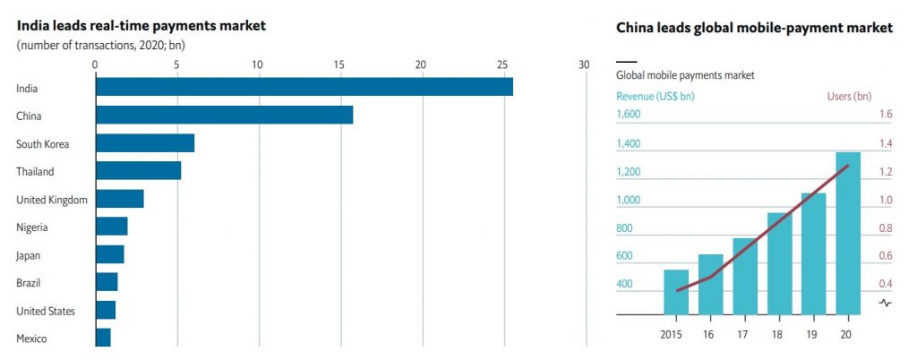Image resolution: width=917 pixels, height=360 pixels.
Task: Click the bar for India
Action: pos(304,87)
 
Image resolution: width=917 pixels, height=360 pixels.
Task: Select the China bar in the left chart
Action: pos(224,116)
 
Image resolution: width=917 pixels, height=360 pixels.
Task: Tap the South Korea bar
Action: pos(144,143)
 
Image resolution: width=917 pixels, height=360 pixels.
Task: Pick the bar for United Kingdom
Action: pos(119,199)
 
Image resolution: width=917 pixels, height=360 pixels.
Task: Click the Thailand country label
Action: pos(35,172)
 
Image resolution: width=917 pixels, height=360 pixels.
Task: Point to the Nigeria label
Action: pos(31,227)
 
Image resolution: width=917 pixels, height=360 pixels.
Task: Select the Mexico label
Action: pos(31,339)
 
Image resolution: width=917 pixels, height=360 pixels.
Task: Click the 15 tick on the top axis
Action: pos(339,64)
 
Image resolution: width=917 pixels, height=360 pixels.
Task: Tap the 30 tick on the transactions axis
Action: pos(584,64)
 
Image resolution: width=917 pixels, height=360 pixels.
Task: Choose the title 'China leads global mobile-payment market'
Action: pos(754,28)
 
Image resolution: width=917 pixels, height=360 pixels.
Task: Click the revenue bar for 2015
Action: pos(676,292)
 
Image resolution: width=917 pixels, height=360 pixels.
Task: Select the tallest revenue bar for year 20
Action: pos(847,234)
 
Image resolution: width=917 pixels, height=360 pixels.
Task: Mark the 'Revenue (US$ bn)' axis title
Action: pos(656,96)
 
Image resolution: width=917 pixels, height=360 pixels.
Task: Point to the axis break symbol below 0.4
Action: pos(886,303)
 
